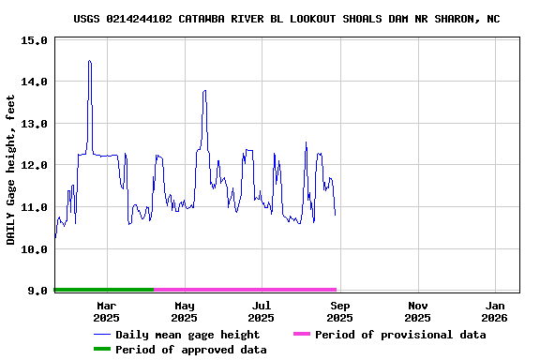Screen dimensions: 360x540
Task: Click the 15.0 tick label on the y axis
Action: pos(34,41)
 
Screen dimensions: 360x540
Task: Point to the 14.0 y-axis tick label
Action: pos(34,82)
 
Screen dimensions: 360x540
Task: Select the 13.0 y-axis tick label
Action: pos(34,124)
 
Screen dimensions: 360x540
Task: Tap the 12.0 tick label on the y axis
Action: pos(34,166)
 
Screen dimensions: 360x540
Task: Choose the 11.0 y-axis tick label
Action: pos(34,207)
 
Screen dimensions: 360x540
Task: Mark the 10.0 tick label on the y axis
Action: pos(34,249)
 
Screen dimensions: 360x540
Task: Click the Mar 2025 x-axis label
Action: pos(107,311)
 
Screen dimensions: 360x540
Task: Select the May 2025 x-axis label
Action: pos(185,311)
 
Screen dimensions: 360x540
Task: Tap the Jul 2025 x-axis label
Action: pos(262,311)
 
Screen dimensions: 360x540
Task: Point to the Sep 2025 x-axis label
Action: pos(340,311)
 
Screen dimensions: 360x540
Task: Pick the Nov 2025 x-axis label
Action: pos(418,311)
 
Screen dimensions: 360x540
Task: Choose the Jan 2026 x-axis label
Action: pos(496,311)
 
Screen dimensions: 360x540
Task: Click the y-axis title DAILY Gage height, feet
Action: pos(12,170)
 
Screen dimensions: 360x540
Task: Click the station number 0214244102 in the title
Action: pos(141,19)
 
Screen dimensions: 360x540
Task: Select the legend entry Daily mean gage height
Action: pos(187,335)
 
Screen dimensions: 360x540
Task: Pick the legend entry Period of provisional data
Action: pos(400,335)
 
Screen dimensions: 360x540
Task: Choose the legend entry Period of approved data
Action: pos(191,350)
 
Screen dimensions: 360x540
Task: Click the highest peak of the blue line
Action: pos(89,61)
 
